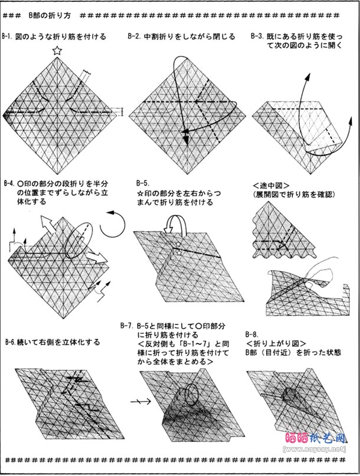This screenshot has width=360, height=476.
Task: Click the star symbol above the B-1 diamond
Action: click(x=57, y=51)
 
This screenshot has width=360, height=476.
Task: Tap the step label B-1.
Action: click(x=9, y=37)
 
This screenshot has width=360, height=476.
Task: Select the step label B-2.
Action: click(x=135, y=37)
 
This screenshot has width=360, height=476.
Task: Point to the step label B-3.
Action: click(x=257, y=37)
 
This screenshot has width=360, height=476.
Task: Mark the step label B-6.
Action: click(x=12, y=342)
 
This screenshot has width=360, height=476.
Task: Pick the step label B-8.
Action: click(x=254, y=333)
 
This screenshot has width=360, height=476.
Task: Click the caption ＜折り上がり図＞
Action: click(x=277, y=342)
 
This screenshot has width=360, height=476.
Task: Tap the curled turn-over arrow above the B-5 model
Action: click(x=174, y=224)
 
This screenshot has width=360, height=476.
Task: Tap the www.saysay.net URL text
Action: click(x=313, y=465)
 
